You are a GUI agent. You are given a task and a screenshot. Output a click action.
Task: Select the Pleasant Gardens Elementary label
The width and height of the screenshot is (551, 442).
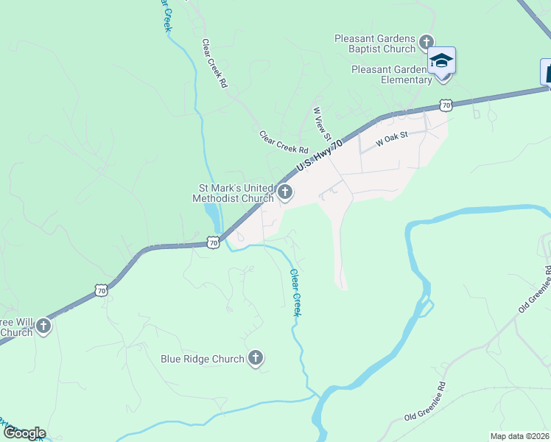pos(390,74)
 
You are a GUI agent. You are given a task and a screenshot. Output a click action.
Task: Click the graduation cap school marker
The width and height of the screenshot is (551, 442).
pos(441,60)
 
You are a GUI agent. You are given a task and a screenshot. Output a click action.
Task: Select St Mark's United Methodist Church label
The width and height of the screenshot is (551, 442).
pos(233,193)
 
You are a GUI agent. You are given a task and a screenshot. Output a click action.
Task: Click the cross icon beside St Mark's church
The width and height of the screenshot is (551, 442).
pos(285,194)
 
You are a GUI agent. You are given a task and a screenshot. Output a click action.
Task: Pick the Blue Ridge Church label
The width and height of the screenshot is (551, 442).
pos(203,359)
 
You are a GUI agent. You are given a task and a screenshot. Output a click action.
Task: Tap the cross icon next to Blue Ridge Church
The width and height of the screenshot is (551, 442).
pos(256,359)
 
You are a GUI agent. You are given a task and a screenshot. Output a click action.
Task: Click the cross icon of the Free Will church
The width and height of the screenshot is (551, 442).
pos(43,326)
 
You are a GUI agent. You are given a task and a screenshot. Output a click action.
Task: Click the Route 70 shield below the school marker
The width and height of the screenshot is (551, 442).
pos(445,106)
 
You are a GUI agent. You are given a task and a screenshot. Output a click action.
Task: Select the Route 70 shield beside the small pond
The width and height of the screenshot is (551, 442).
pos(213,242)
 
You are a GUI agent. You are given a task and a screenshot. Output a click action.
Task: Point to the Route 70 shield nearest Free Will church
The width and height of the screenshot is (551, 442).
pos(102,292)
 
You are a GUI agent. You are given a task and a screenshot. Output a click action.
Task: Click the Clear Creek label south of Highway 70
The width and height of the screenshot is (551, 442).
pos(295,292)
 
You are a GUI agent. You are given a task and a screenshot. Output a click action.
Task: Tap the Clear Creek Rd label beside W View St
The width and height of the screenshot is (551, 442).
pos(283,141)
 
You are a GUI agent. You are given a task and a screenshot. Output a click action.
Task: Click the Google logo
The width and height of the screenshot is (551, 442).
pos(24,433)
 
